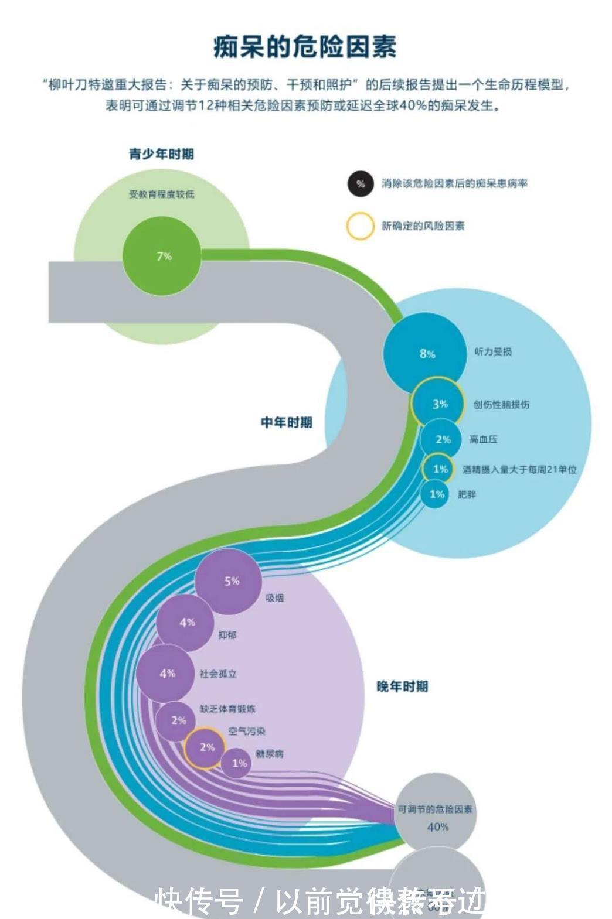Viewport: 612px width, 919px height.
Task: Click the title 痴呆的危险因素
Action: point(305,47)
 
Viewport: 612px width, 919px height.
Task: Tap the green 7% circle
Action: point(164,256)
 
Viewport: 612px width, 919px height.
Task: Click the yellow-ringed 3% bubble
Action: point(439,404)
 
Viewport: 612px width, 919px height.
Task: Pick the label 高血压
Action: point(483,439)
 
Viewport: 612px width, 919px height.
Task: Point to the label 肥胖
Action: point(467,494)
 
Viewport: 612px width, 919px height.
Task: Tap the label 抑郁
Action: point(227,635)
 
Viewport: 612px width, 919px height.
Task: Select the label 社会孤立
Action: point(218,674)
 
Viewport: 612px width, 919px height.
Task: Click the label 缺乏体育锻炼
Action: point(227,709)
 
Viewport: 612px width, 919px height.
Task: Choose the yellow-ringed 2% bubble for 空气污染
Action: point(206,747)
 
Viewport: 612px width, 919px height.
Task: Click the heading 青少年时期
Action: point(161,154)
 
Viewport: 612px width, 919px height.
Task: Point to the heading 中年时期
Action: point(286,422)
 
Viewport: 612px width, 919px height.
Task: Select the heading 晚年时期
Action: point(402,686)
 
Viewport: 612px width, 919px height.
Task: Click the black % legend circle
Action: point(360,183)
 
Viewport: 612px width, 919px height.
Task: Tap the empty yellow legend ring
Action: point(360,226)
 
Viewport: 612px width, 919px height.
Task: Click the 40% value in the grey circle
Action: point(437,827)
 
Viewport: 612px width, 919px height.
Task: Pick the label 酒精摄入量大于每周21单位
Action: point(519,469)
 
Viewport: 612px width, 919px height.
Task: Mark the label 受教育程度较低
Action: point(162,194)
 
